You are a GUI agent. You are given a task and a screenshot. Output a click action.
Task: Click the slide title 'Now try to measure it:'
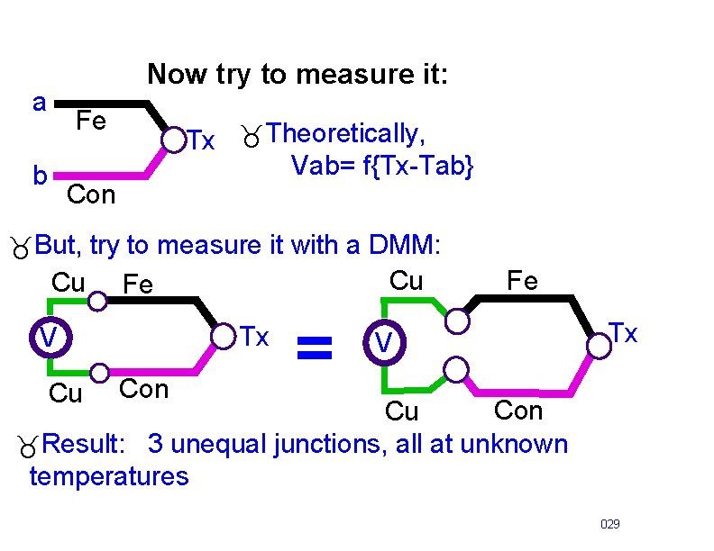[297, 74]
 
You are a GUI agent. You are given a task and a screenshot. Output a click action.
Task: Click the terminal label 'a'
[40, 103]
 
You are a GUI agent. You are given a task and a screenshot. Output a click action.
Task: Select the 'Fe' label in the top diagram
[91, 121]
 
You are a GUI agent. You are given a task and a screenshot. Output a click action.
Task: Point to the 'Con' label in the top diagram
[91, 194]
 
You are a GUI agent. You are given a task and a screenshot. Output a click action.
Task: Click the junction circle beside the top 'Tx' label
[171, 140]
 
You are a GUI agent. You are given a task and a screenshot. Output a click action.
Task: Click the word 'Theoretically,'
[346, 134]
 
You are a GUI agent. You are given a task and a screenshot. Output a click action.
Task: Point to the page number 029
[610, 523]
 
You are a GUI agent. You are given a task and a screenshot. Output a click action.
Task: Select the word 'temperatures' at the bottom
[109, 475]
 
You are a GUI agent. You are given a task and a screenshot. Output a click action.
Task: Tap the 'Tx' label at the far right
[623, 334]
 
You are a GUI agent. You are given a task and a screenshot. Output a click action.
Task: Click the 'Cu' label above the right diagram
[406, 281]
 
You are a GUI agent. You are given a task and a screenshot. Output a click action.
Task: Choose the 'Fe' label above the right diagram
[522, 281]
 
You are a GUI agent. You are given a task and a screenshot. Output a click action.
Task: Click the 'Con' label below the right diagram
[518, 411]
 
